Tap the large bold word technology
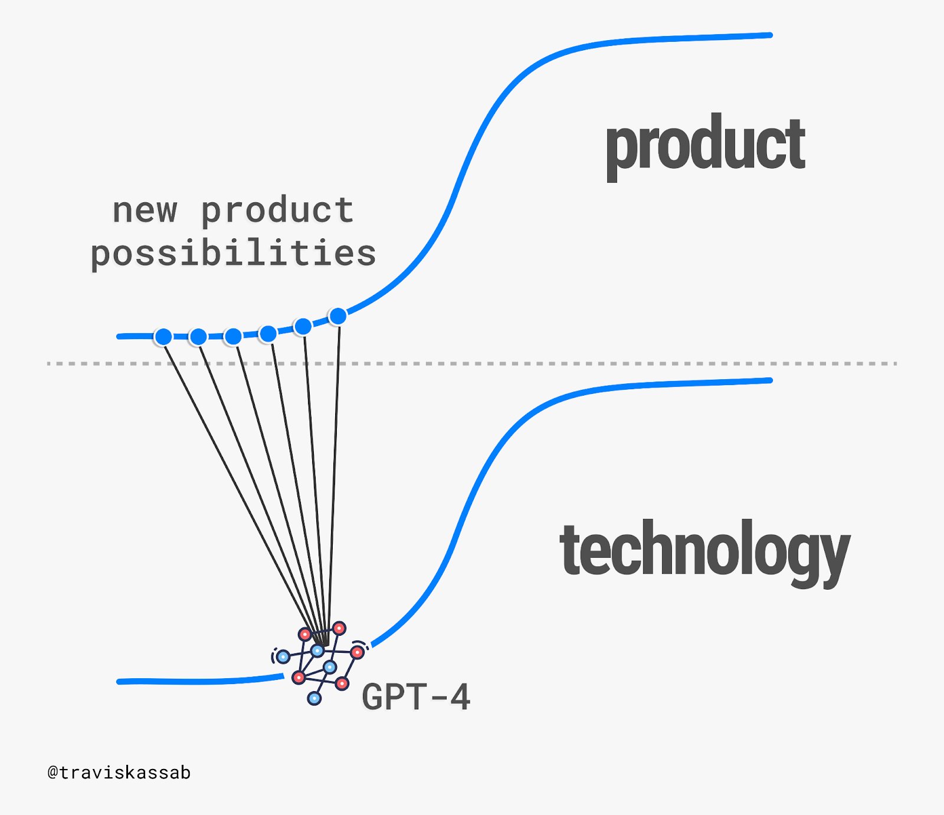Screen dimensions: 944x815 [704, 552]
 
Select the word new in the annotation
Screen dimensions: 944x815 [145, 211]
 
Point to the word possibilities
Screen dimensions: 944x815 [233, 253]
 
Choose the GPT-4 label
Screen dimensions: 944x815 [416, 696]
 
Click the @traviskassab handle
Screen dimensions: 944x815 [119, 773]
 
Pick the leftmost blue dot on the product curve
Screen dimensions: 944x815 [163, 337]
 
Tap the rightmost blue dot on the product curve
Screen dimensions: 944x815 [338, 316]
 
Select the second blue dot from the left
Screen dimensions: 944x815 [198, 337]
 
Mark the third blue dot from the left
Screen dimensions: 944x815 [233, 336]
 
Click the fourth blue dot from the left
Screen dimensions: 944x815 [268, 334]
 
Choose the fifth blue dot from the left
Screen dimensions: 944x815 [303, 326]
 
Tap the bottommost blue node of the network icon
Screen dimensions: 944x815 [314, 698]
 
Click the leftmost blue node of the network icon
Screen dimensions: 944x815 [283, 656]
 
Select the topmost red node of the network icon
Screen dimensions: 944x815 [339, 628]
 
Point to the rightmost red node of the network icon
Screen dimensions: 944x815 [357, 652]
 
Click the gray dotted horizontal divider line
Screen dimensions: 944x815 [472, 363]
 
